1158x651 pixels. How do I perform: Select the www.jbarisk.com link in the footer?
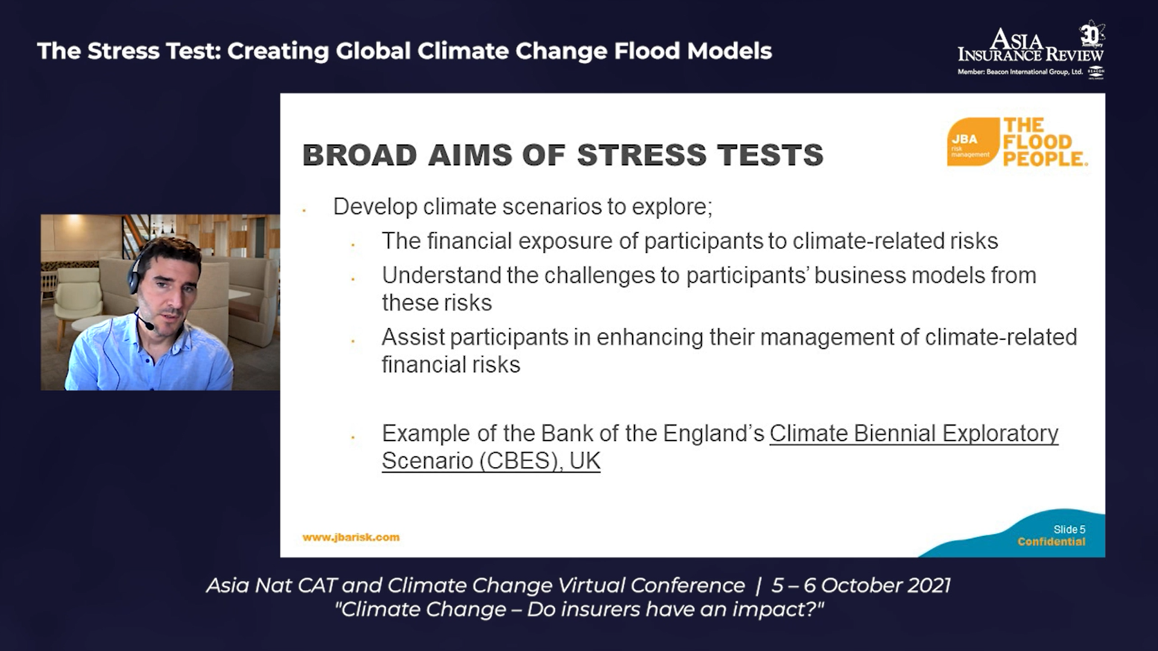click(x=350, y=537)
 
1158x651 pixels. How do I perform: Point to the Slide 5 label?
click(x=1069, y=529)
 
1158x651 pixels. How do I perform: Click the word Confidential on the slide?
click(x=1051, y=541)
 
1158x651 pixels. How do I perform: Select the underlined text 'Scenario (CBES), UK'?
click(x=491, y=461)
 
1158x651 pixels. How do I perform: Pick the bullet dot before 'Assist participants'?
click(x=353, y=341)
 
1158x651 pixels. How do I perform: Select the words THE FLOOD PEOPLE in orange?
click(x=1045, y=142)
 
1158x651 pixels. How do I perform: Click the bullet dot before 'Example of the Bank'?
click(x=353, y=438)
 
